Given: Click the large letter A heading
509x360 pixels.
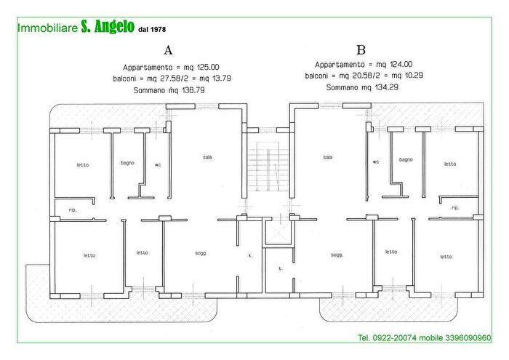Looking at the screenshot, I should pos(169,51).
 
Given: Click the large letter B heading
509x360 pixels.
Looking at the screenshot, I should pos(361,50).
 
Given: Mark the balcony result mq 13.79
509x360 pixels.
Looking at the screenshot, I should pos(216,78).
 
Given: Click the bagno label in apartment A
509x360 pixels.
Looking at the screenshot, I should pos(127,163).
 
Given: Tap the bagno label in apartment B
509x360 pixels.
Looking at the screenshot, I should pos(406,159).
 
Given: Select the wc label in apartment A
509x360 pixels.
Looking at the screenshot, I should pos(158,164).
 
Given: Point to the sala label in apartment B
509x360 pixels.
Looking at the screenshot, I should pos(328,157).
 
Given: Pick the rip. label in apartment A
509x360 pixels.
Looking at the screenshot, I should pos(73,209).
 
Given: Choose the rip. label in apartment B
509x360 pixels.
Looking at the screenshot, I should pos(455,208).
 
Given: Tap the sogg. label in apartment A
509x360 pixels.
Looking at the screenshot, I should pos(201,253).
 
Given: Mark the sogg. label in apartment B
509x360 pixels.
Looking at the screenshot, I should pos(337,255).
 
